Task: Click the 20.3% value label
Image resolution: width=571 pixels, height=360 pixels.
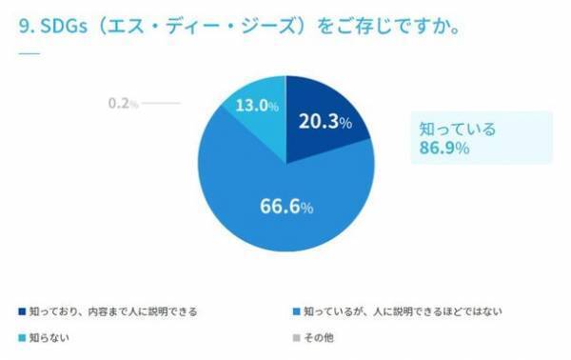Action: (x=325, y=122)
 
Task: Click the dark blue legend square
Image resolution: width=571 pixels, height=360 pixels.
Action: (x=22, y=310)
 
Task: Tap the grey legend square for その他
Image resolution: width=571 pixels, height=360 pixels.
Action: (x=298, y=337)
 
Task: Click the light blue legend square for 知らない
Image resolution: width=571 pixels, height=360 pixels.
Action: (x=22, y=337)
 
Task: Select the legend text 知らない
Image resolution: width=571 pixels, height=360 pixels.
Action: (x=49, y=337)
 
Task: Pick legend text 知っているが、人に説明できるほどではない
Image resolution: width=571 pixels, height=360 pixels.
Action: (x=404, y=310)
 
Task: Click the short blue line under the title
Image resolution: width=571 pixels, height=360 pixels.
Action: (x=29, y=52)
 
